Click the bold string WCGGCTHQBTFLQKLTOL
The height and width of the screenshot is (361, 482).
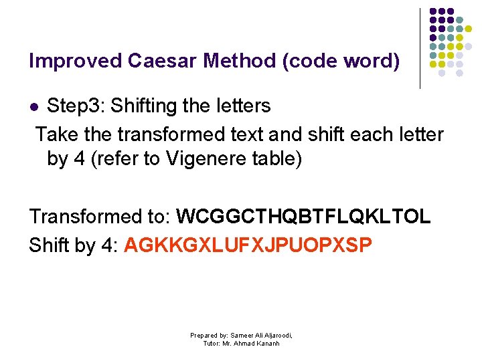pyautogui.click(x=303, y=217)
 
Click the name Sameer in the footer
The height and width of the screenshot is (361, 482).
pyautogui.click(x=242, y=335)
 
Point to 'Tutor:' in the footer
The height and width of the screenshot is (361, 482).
pyautogui.click(x=214, y=343)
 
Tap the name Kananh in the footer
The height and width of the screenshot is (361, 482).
pyautogui.click(x=266, y=343)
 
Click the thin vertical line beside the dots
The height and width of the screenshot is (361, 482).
pyautogui.click(x=420, y=48)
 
